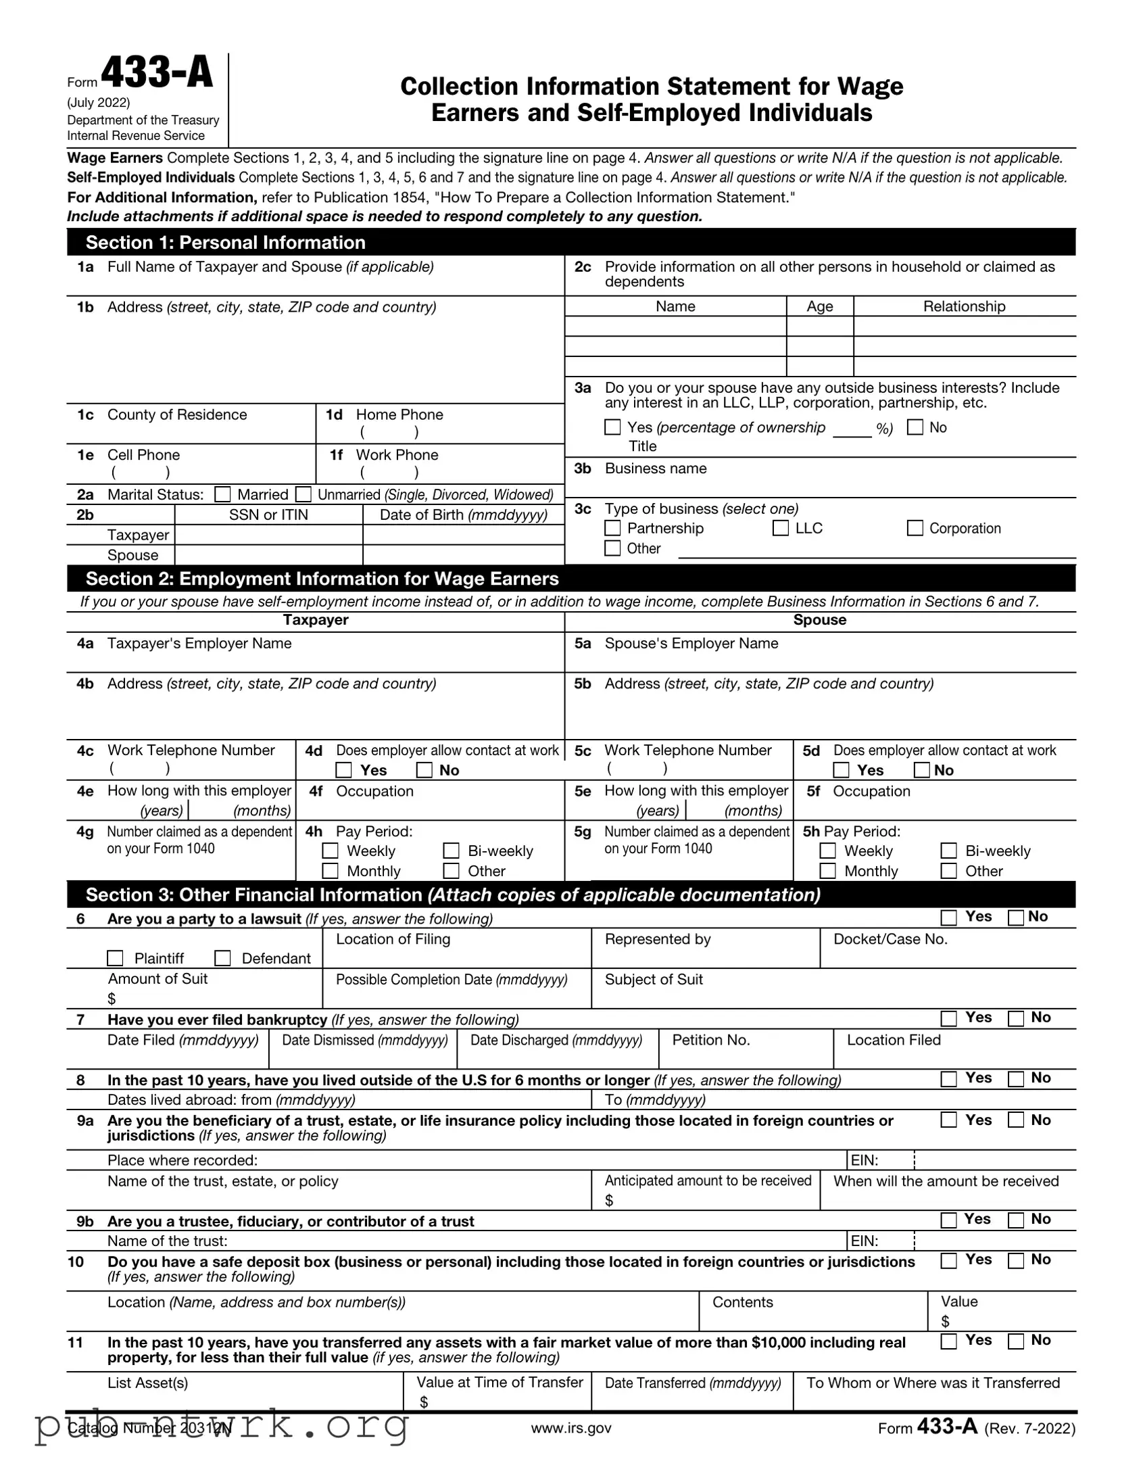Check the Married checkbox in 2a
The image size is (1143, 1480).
(222, 495)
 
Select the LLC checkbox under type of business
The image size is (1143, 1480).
(781, 528)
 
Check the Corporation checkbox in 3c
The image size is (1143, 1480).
(915, 528)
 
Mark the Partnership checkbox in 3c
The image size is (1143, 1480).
(612, 528)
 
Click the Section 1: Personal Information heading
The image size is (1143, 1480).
(225, 243)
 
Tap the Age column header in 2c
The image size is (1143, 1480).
(819, 306)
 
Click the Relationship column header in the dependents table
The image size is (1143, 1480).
(963, 306)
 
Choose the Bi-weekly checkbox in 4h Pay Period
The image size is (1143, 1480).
(452, 851)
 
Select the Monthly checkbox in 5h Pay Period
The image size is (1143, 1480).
(827, 871)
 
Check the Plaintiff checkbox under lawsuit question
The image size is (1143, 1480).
(115, 958)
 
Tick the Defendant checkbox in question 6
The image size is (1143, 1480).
(222, 958)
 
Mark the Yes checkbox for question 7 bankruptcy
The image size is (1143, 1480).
(949, 1018)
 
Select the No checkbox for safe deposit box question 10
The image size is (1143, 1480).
(1016, 1260)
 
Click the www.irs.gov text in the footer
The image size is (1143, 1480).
(570, 1428)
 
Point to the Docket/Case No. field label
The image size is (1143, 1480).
(890, 939)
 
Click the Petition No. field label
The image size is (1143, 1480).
(710, 1041)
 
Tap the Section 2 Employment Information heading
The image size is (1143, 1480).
(322, 579)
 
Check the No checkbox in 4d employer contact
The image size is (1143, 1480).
(424, 770)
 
